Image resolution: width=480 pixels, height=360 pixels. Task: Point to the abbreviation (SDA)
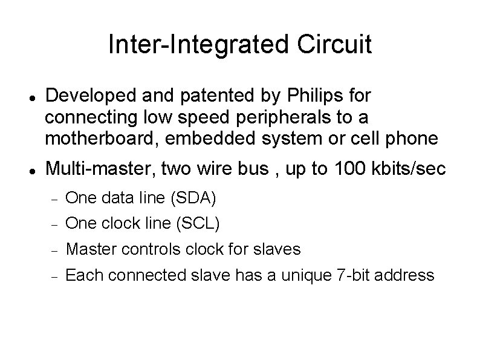click(x=193, y=197)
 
